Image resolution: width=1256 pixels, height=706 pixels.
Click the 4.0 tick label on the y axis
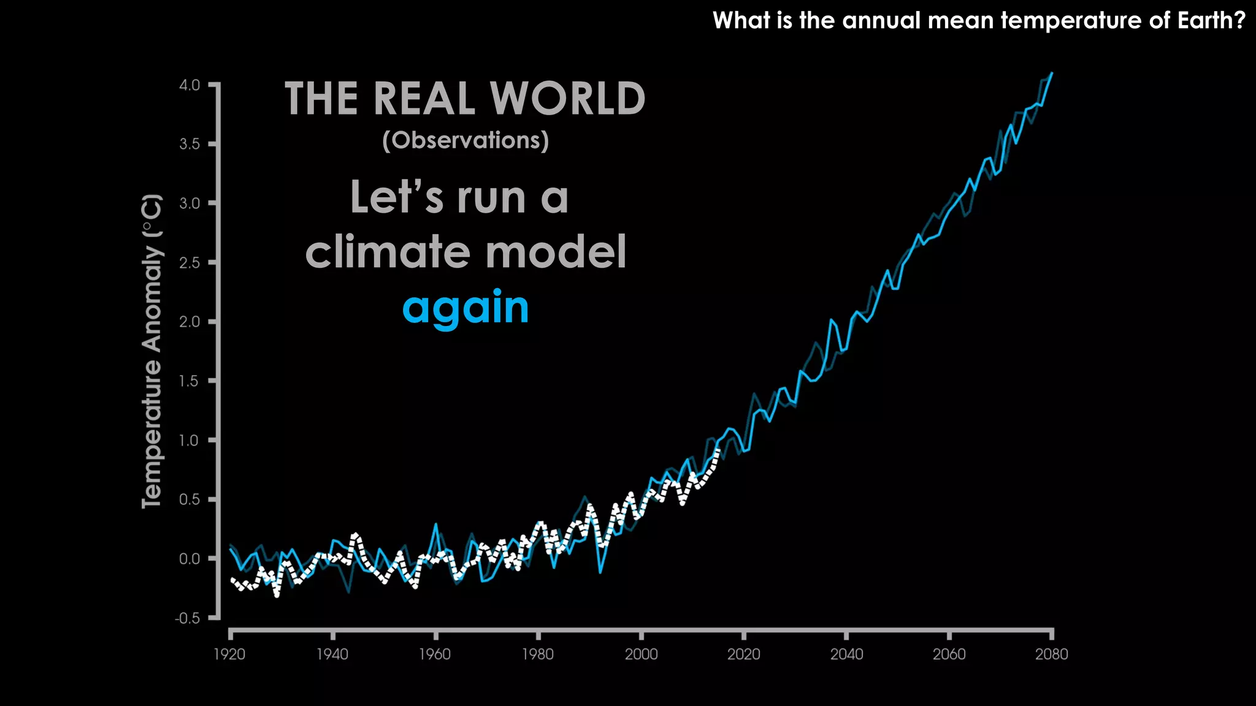pyautogui.click(x=190, y=85)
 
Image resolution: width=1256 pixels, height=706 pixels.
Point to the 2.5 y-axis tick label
pyautogui.click(x=190, y=262)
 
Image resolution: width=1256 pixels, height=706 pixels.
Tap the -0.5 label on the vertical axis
pyautogui.click(x=188, y=618)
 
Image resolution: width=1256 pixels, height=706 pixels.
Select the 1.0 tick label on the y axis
pyautogui.click(x=190, y=440)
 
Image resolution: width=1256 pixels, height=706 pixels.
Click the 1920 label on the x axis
pyautogui.click(x=229, y=655)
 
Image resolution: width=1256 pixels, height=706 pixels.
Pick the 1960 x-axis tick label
pyautogui.click(x=435, y=655)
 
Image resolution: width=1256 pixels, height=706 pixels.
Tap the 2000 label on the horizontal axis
pyautogui.click(x=641, y=655)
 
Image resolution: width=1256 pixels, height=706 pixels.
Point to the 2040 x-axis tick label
pyautogui.click(x=846, y=655)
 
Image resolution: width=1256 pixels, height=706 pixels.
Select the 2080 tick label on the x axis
pyautogui.click(x=1052, y=655)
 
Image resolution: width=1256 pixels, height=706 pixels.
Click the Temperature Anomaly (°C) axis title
pyautogui.click(x=152, y=351)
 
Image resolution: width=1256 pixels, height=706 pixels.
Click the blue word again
pyautogui.click(x=465, y=308)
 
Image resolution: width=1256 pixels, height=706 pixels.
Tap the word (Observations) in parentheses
pyautogui.click(x=465, y=140)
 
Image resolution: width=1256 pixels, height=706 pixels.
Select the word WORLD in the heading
pyautogui.click(x=567, y=99)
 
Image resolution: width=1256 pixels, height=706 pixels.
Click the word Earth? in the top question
pyautogui.click(x=1211, y=21)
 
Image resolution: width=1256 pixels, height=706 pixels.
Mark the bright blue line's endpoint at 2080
pyautogui.click(x=1052, y=73)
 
